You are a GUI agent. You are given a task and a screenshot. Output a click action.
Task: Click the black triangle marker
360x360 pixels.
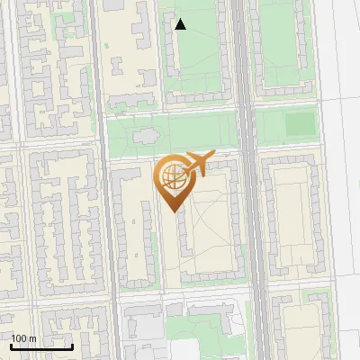181,24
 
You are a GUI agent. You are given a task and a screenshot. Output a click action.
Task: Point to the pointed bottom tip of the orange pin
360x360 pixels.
172,211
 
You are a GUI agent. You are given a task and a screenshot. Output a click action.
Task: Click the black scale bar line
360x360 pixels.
40,346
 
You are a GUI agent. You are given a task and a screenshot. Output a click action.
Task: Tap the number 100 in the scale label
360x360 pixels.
20,338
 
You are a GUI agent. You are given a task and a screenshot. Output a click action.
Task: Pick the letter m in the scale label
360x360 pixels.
33,338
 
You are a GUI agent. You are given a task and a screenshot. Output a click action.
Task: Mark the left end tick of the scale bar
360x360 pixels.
10,344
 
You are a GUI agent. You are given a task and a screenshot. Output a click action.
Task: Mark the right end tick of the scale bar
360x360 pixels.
72,344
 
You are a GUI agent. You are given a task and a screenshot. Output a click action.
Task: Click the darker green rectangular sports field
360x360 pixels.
301,123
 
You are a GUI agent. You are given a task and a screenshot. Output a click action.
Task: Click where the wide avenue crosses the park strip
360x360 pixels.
247,130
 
